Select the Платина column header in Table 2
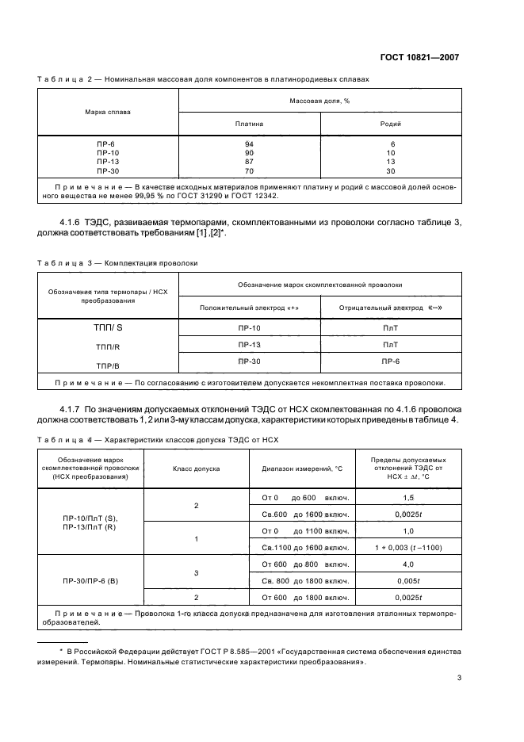[249, 124]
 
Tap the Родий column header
[391, 124]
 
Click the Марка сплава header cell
[108, 112]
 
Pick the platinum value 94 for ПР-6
[249, 143]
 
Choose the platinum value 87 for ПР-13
[249, 161]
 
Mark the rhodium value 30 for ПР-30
[391, 170]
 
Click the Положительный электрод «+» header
[249, 307]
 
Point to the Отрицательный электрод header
[391, 307]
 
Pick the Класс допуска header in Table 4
[196, 469]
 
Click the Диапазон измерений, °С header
[302, 469]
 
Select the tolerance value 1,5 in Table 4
[408, 497]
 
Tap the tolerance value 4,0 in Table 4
[408, 564]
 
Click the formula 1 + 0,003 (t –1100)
[408, 547]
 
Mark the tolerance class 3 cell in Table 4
[196, 572]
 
